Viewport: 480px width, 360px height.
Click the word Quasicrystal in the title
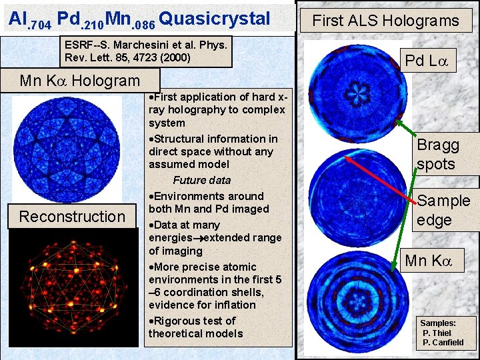click(215, 19)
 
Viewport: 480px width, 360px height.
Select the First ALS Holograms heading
click(386, 21)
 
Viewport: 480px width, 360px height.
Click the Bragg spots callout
click(438, 155)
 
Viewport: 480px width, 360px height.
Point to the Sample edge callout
click(443, 210)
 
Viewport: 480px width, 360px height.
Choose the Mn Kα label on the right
click(429, 261)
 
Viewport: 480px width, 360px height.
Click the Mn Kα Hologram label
click(80, 81)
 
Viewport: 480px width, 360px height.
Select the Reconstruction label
click(72, 217)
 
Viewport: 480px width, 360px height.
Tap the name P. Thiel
click(437, 333)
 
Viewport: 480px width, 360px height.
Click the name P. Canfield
click(443, 343)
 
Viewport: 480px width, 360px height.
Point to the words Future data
click(201, 180)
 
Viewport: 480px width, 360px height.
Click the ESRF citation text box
click(146, 51)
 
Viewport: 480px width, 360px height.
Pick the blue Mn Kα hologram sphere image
click(67, 148)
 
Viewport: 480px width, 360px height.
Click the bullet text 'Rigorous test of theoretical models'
click(196, 327)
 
